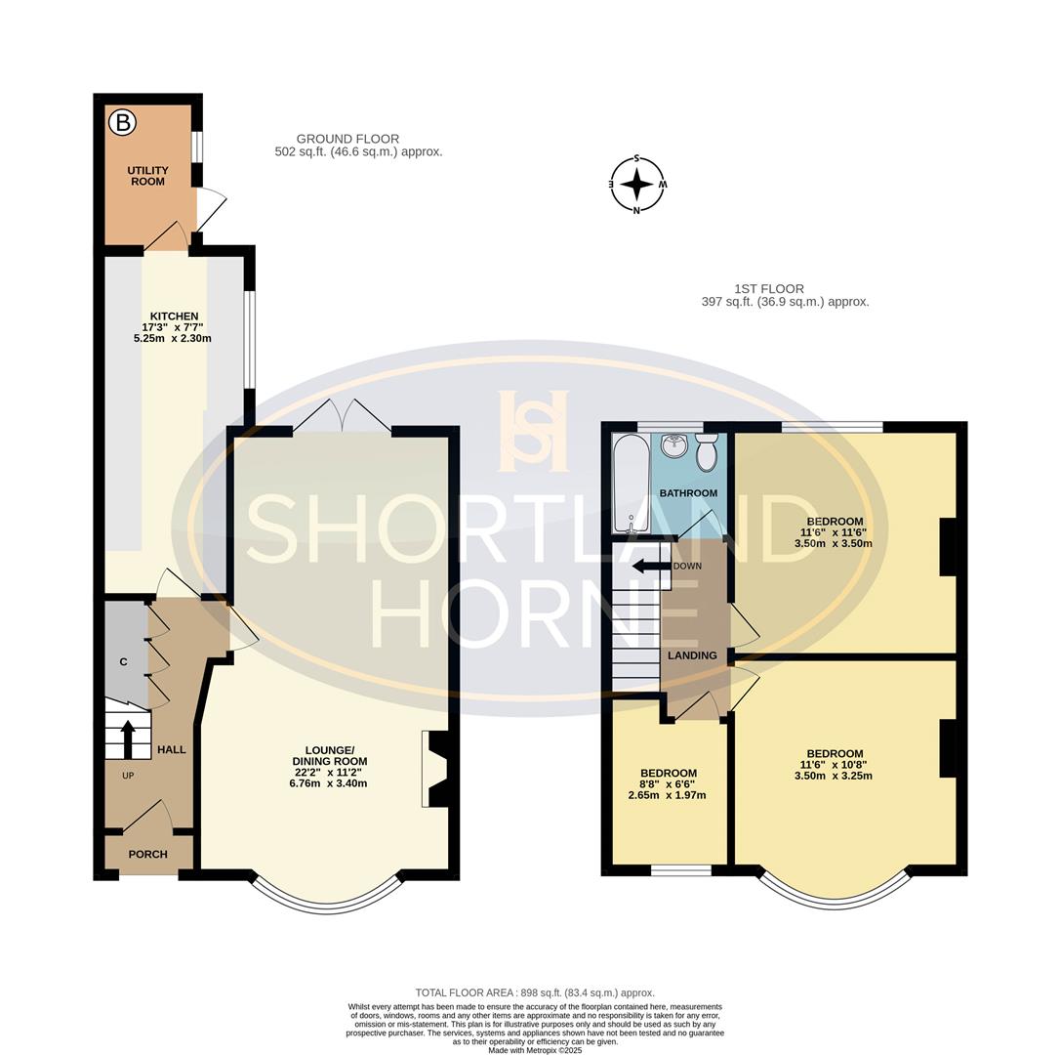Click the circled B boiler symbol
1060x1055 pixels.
[122, 122]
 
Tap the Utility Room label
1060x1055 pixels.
[147, 176]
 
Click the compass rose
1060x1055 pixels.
[637, 184]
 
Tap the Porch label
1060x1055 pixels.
[147, 854]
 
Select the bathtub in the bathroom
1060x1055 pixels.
[631, 483]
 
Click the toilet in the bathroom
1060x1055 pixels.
[707, 452]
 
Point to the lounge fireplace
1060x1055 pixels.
[435, 769]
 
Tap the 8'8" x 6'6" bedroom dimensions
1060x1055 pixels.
[669, 789]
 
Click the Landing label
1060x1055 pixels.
[692, 655]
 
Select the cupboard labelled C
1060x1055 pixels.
[124, 661]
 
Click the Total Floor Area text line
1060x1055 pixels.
[535, 992]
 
